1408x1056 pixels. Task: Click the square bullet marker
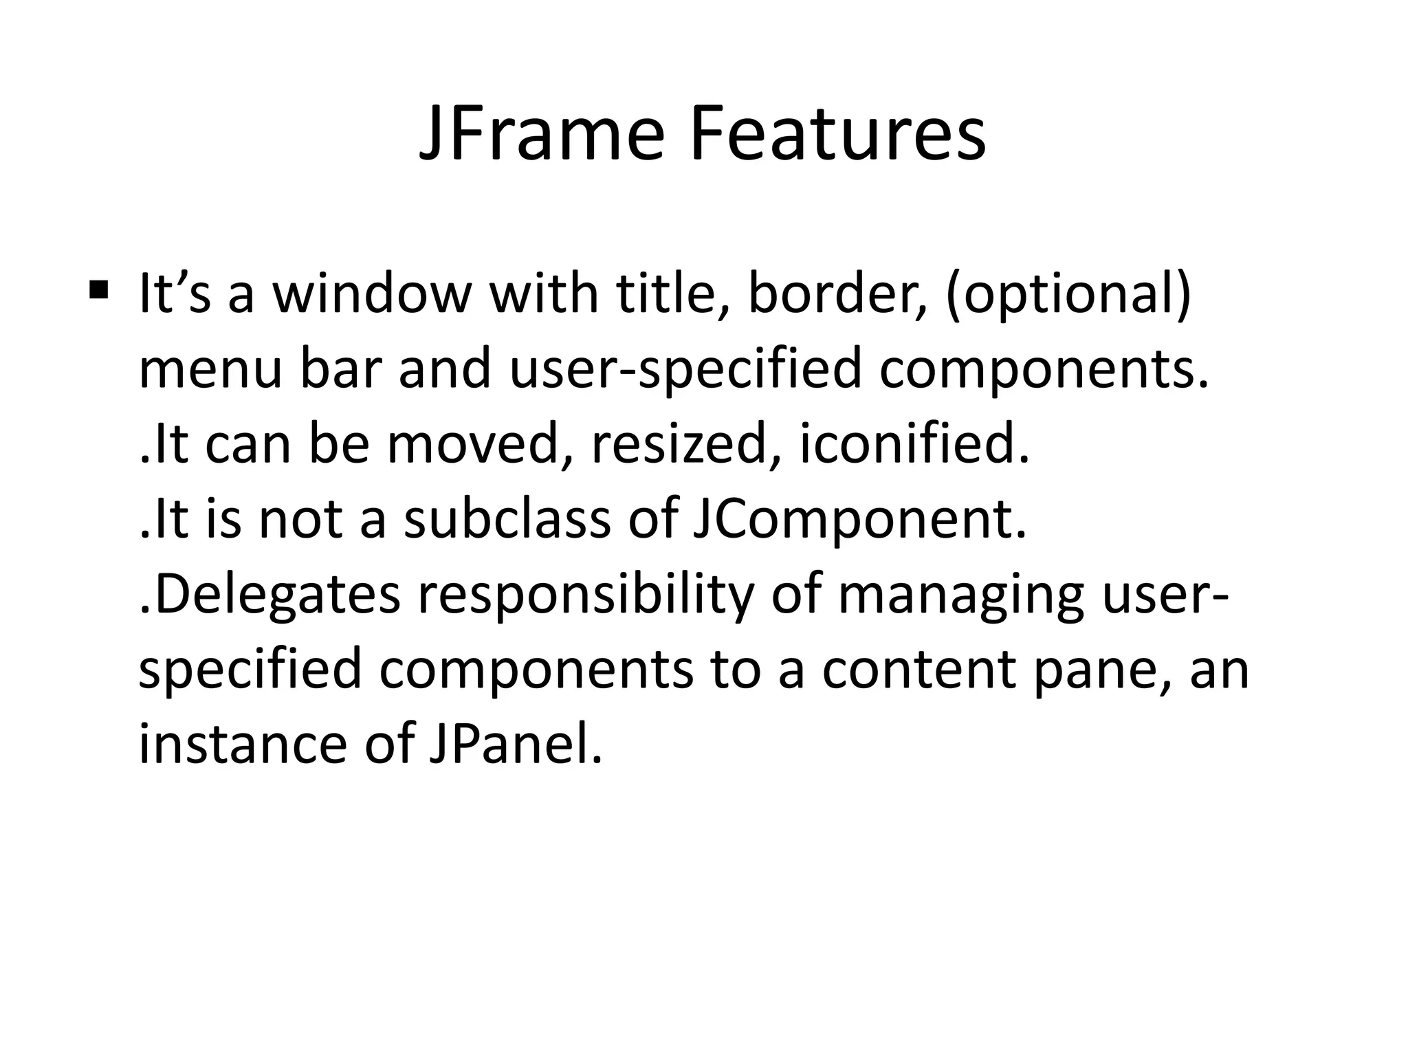tap(99, 288)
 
